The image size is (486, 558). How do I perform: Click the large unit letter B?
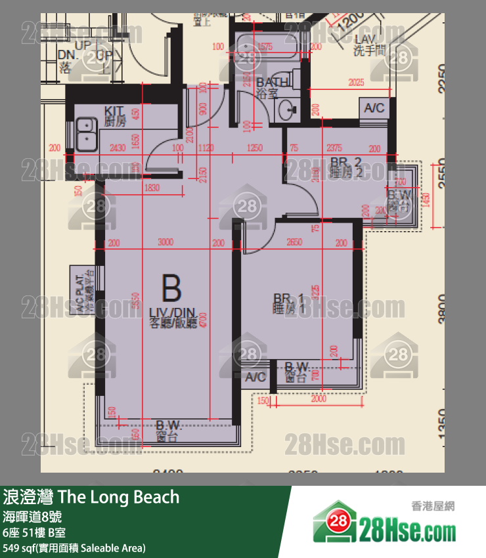pyautogui.click(x=171, y=290)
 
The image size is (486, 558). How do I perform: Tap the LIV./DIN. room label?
pyautogui.click(x=172, y=317)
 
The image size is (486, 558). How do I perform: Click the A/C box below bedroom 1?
pyautogui.click(x=255, y=377)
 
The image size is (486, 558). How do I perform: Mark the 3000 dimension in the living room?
pyautogui.click(x=166, y=242)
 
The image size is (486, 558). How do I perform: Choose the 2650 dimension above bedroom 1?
pyautogui.click(x=295, y=242)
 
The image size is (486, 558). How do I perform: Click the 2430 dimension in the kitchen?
pyautogui.click(x=118, y=148)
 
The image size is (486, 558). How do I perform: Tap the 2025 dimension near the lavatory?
pyautogui.click(x=355, y=83)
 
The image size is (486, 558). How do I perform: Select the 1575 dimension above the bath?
pyautogui.click(x=265, y=46)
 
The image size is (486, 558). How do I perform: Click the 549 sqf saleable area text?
pyautogui.click(x=74, y=547)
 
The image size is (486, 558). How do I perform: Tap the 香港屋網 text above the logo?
pyautogui.click(x=433, y=505)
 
